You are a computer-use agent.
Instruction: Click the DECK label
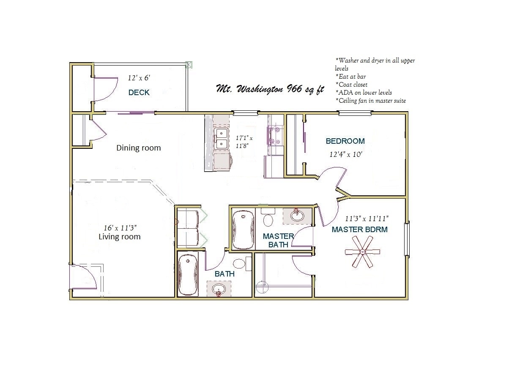(139, 92)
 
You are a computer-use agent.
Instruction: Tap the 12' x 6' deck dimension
(139, 78)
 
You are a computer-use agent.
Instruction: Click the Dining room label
(138, 148)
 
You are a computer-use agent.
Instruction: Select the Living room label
(119, 236)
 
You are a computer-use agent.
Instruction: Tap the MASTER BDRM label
(359, 230)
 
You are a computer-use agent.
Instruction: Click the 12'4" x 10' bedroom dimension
(346, 154)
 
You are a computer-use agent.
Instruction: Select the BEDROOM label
(345, 141)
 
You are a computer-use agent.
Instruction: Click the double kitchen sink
(220, 139)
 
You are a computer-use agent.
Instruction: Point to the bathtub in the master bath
(243, 229)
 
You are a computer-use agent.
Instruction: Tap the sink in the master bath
(297, 215)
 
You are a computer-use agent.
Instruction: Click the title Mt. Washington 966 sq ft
(270, 89)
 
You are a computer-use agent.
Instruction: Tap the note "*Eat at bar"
(350, 77)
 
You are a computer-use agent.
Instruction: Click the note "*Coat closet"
(352, 85)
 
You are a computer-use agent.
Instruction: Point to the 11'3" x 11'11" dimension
(367, 219)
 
